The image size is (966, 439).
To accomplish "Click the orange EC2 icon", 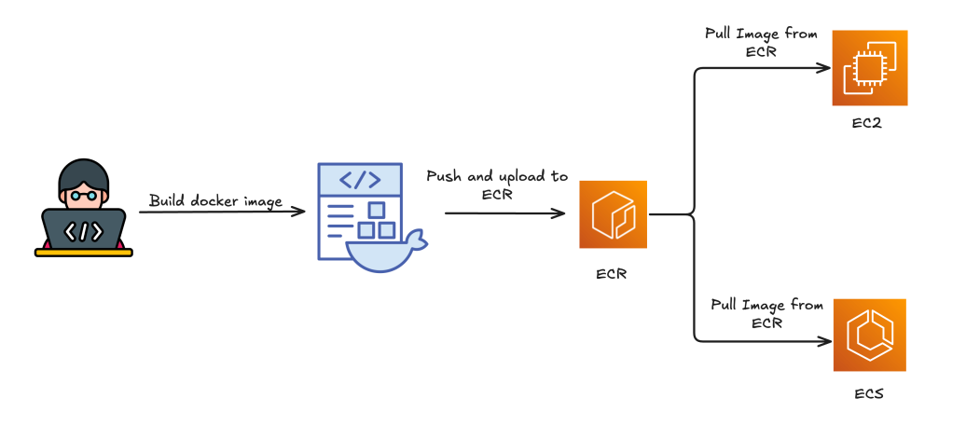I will click(x=869, y=68).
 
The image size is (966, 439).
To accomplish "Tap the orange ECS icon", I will click(x=869, y=336).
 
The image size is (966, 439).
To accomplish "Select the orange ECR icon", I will click(x=613, y=214).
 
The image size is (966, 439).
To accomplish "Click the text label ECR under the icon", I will click(x=613, y=275).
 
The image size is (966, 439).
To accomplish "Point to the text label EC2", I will click(x=867, y=125).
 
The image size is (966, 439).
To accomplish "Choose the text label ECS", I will click(x=868, y=393).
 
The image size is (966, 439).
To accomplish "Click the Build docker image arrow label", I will click(x=215, y=200).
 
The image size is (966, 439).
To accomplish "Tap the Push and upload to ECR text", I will click(x=496, y=185).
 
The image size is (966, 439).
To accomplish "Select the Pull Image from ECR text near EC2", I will click(x=762, y=43).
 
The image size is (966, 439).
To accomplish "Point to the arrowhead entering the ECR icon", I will click(x=561, y=213).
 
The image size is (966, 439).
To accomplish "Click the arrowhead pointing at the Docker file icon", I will click(x=300, y=212).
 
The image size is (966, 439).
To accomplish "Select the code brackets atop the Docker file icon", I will click(x=359, y=179).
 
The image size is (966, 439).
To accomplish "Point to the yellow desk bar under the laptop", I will click(x=84, y=251).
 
